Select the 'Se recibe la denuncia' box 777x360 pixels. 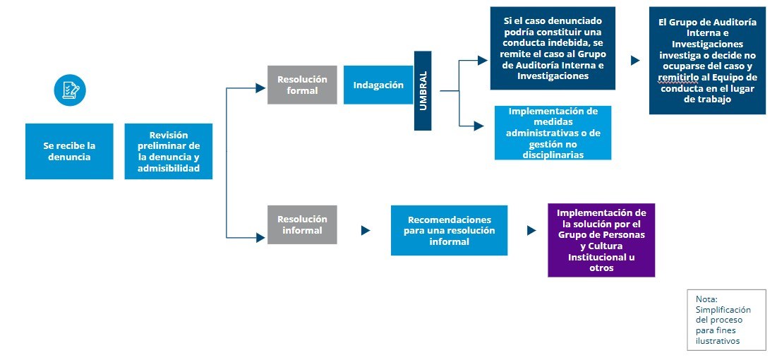click(69, 151)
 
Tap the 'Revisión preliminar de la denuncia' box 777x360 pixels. click(169, 151)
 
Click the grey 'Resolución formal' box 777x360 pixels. click(302, 85)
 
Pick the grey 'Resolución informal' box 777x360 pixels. click(302, 224)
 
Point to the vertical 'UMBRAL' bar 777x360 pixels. click(423, 90)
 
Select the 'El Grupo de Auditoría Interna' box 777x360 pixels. click(707, 61)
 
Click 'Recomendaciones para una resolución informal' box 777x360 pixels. click(449, 230)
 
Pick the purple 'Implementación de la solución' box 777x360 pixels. click(601, 240)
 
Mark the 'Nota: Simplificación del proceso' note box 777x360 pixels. click(726, 319)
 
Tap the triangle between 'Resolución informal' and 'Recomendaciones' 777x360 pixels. click(365, 230)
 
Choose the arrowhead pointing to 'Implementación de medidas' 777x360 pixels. click(480, 126)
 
